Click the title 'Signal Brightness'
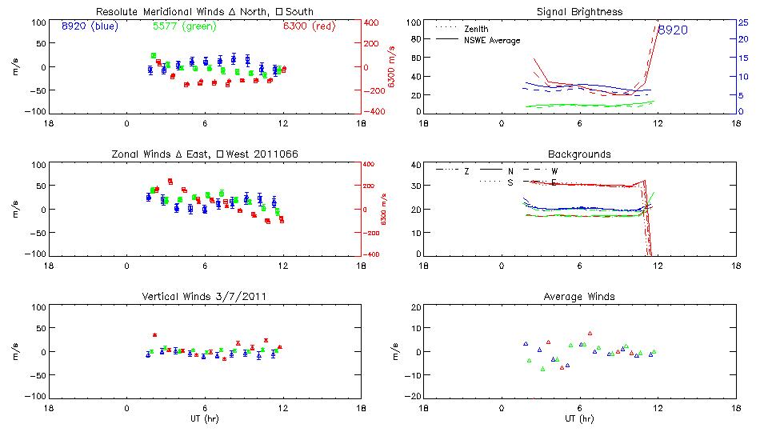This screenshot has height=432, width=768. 580,12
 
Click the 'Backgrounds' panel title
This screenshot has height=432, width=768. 580,154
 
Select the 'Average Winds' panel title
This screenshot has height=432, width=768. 580,297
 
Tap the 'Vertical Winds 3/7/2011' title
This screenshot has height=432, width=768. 205,297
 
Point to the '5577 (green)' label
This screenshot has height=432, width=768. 178,26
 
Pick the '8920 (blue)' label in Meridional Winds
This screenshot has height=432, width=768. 89,26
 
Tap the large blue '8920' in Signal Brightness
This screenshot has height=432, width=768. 672,30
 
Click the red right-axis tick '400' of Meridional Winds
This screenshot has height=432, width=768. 372,22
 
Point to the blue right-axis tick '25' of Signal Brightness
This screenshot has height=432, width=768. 742,22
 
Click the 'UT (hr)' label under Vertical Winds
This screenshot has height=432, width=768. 205,418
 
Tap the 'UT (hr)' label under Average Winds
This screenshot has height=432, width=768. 580,418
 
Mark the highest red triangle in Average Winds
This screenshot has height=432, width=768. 590,334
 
